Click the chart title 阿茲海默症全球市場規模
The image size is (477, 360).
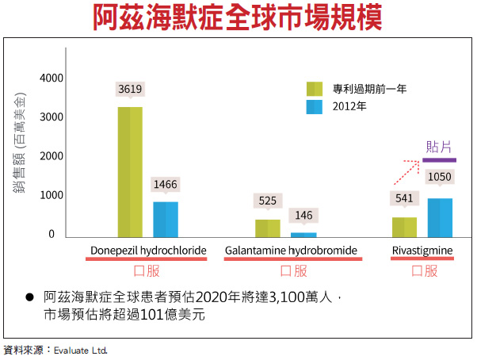point(238,17)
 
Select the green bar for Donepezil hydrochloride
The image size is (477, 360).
point(130,171)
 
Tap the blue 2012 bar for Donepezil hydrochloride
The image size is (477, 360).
point(166,219)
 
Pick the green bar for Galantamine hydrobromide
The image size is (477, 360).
point(267,228)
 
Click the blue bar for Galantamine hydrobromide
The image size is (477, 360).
point(303,235)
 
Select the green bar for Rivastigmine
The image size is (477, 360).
point(404,227)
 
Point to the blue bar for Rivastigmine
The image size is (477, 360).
point(440,217)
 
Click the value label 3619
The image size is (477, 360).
point(130,90)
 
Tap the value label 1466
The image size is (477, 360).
point(166,185)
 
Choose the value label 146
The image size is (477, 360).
point(303,215)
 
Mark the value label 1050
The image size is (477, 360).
point(440,177)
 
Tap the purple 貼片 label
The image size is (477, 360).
point(439,147)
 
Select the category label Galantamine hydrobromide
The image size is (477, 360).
point(291,251)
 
